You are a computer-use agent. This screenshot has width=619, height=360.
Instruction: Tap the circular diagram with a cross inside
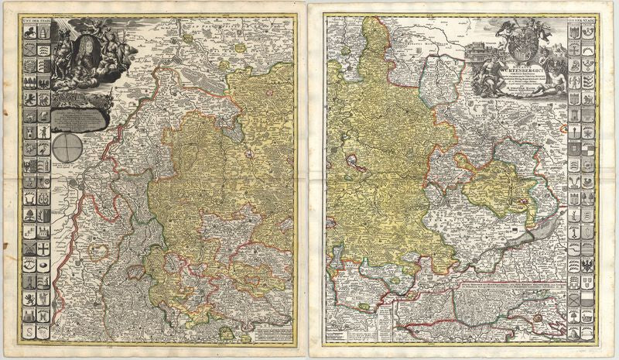pyautogui.click(x=68, y=146)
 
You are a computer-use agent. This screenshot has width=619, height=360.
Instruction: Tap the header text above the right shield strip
pyautogui.click(x=582, y=20)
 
